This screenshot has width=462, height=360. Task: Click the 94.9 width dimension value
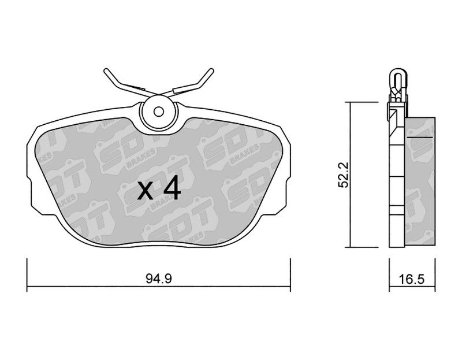coord(158,279)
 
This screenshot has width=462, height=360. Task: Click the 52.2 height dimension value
coord(344,175)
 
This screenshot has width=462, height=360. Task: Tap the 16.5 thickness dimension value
coord(412,279)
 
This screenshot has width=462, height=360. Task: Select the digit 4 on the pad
coord(172,188)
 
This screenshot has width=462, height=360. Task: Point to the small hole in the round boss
coord(158,112)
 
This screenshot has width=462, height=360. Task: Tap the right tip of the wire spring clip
coord(211,70)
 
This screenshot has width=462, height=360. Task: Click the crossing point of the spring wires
coord(158,94)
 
